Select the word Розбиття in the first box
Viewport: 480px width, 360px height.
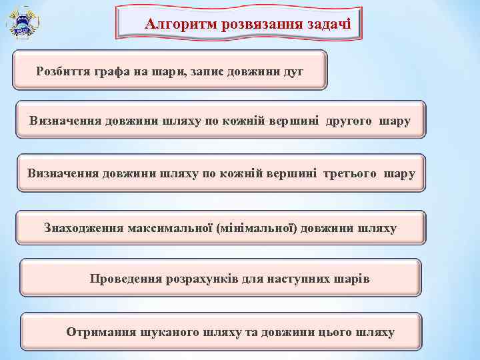pyautogui.click(x=62, y=70)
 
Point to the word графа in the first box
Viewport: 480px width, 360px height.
pyautogui.click(x=111, y=70)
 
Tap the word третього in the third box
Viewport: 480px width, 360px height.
pyautogui.click(x=350, y=173)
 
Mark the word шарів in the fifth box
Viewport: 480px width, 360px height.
pyautogui.click(x=352, y=278)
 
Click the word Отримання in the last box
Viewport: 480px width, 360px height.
pyautogui.click(x=100, y=331)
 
